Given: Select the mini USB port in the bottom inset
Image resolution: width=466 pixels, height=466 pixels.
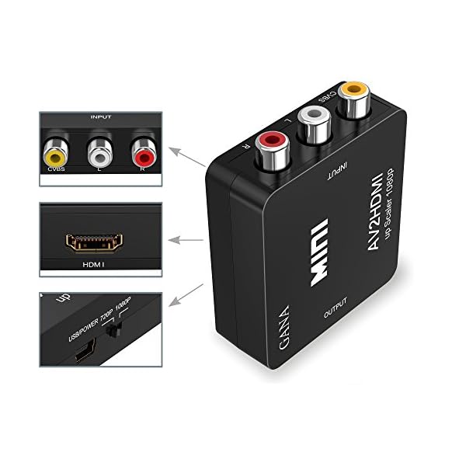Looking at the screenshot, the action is click(x=82, y=357).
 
